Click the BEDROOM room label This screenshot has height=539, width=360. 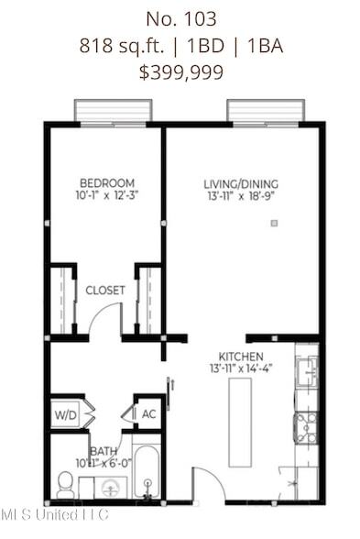[107, 182]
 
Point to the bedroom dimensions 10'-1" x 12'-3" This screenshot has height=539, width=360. [107, 194]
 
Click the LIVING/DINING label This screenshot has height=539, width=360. [241, 184]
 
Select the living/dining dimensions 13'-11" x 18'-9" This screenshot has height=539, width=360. [241, 196]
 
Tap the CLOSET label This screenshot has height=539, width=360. [105, 291]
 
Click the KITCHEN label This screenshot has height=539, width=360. [241, 357]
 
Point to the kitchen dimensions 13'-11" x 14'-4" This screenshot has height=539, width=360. [241, 368]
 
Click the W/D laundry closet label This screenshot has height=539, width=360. [64, 413]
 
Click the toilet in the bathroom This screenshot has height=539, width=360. [65, 482]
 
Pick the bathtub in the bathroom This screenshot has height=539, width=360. [147, 473]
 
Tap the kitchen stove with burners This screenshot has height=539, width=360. [305, 427]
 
